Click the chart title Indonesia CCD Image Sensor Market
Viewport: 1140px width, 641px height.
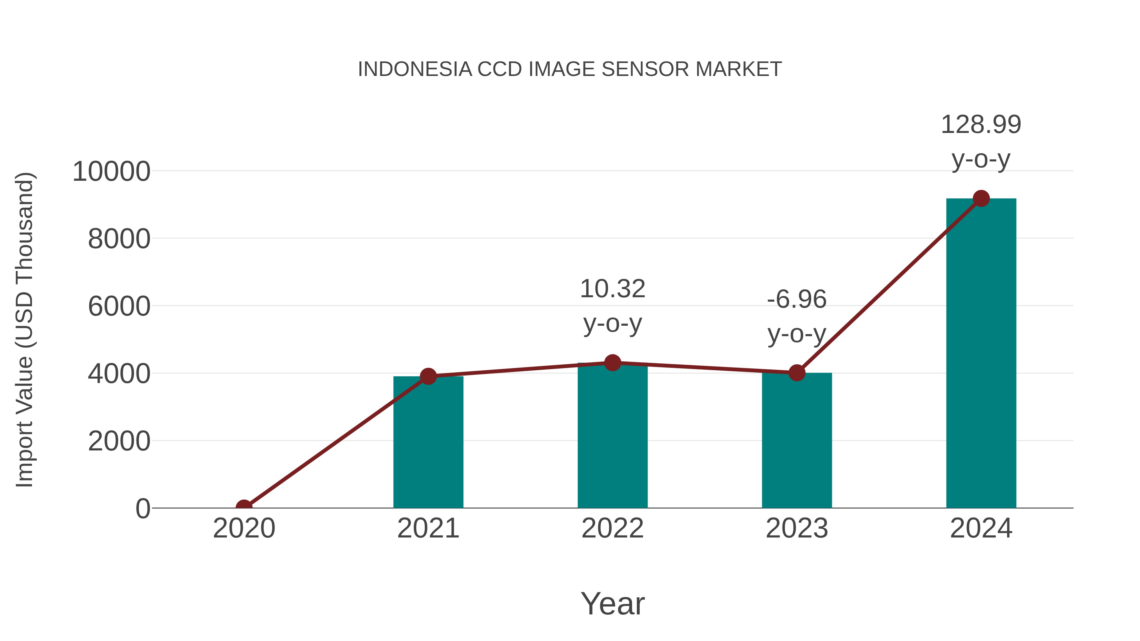[x=570, y=69]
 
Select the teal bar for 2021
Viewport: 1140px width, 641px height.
[x=428, y=443]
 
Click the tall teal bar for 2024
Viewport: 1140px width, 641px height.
[x=981, y=354]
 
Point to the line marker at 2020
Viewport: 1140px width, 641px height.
[x=244, y=507]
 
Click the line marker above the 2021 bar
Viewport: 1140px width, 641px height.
[x=428, y=376]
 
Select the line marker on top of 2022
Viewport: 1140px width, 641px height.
[x=612, y=363]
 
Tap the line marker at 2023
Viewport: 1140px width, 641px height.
[x=797, y=373]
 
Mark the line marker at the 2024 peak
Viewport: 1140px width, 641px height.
[x=981, y=198]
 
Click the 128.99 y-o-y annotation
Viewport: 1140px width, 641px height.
[x=981, y=141]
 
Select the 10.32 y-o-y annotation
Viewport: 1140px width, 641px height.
[x=612, y=306]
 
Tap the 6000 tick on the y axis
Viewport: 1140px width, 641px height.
[x=119, y=306]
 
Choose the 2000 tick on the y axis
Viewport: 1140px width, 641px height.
[x=119, y=442]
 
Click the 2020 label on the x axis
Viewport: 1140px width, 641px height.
[x=244, y=528]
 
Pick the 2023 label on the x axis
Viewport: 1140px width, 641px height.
[x=797, y=528]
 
